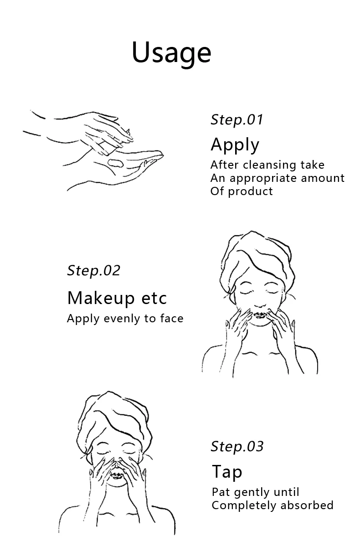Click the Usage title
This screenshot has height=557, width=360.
pyautogui.click(x=171, y=53)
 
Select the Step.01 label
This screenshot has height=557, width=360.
pyautogui.click(x=237, y=120)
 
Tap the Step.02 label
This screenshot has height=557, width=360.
pyautogui.click(x=93, y=271)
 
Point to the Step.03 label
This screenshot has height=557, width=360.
pyautogui.click(x=237, y=447)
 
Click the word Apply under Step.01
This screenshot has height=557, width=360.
pyautogui.click(x=235, y=145)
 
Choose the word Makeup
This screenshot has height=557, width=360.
pyautogui.click(x=101, y=299)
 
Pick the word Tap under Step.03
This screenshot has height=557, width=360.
pyautogui.click(x=227, y=472)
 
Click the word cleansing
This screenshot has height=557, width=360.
pyautogui.click(x=269, y=165)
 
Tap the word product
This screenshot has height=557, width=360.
pyautogui.click(x=250, y=192)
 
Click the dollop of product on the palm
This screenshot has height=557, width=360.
pyautogui.click(x=115, y=163)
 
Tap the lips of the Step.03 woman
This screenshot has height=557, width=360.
pyautogui.click(x=116, y=475)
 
